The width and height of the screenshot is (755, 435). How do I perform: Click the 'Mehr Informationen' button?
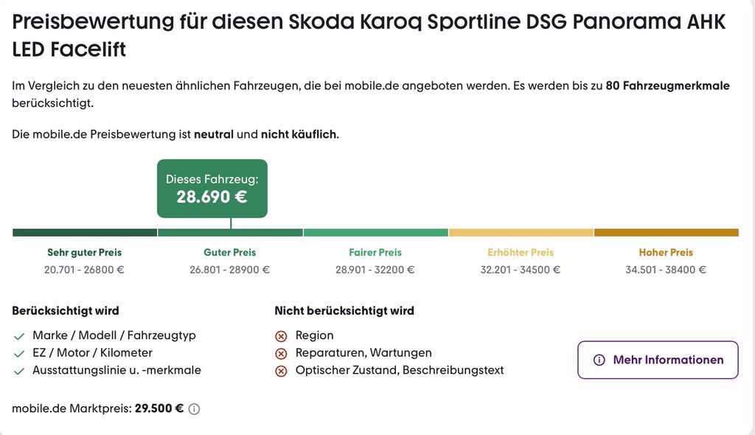(658, 360)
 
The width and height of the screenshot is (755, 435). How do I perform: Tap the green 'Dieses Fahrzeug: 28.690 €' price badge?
(212, 189)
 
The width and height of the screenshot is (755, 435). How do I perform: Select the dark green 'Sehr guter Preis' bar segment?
(85, 233)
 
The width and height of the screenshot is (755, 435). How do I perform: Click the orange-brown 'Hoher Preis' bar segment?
(667, 233)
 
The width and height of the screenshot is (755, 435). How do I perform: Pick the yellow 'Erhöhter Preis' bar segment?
(521, 233)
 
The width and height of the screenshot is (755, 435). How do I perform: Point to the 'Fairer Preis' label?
(375, 252)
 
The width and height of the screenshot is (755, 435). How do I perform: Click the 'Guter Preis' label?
(230, 252)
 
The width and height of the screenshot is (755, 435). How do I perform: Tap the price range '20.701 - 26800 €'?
(84, 270)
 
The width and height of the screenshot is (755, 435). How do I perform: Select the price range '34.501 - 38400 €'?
(666, 270)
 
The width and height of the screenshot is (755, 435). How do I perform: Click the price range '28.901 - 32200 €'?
(375, 270)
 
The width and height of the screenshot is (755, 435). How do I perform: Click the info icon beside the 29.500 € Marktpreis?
(194, 409)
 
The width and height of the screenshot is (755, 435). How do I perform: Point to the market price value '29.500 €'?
(159, 408)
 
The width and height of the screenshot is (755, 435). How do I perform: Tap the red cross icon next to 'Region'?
(281, 336)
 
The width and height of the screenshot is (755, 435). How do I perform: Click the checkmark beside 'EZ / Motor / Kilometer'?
(19, 354)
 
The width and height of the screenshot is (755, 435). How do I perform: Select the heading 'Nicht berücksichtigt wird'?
(344, 310)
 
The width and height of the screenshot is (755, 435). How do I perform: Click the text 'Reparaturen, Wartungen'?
(363, 352)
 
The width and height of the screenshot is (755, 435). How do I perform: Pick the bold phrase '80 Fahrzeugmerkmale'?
(667, 86)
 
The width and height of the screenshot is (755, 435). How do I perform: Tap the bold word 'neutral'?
(214, 134)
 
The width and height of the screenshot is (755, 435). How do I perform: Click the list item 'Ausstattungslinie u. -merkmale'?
(117, 370)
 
